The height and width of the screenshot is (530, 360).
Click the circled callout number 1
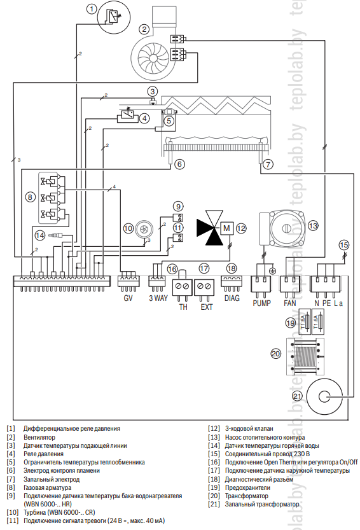92,8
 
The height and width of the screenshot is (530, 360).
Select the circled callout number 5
169,120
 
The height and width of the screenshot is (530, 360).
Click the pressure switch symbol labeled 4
127,115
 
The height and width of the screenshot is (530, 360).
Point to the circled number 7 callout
268,164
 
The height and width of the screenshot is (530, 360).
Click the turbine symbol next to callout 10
144,229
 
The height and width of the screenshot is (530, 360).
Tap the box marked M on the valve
226,228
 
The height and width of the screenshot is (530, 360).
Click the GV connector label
128,298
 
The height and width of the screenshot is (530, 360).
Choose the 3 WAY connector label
158,298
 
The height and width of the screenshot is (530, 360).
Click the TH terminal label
183,307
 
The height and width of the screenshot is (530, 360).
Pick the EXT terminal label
206,307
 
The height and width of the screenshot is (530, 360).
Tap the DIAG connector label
232,298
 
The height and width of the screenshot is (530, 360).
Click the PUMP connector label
261,303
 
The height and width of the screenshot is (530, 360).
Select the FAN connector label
289,303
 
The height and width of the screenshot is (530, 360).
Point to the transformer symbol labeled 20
305,356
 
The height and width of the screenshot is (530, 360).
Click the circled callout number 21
298,396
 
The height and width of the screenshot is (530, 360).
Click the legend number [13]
214,437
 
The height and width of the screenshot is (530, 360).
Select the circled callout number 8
31,197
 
